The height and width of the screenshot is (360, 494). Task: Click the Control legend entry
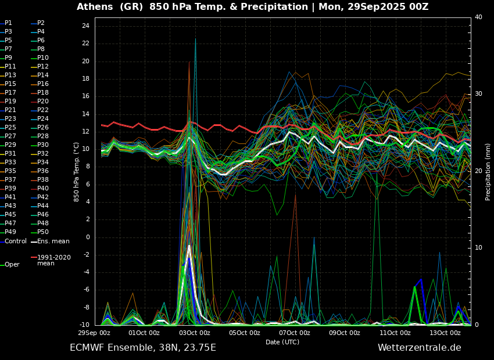16,241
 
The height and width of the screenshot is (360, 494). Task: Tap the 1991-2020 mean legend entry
54,260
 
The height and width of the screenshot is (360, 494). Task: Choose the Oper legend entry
12,265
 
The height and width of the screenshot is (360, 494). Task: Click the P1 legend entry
8,23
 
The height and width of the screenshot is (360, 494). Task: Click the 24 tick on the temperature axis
85,26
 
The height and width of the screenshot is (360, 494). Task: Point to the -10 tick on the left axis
84,325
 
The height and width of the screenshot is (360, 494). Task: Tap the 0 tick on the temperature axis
87,237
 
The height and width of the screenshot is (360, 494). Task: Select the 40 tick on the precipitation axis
478,17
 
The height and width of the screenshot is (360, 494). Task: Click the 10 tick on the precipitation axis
478,248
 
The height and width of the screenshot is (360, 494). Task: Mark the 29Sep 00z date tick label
95,333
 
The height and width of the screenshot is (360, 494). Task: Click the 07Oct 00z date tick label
295,333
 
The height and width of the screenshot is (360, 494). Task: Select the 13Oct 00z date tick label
445,333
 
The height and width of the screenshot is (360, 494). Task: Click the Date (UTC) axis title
282,342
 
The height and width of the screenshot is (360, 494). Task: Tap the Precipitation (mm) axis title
488,171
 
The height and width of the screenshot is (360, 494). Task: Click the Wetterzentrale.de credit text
419,348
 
